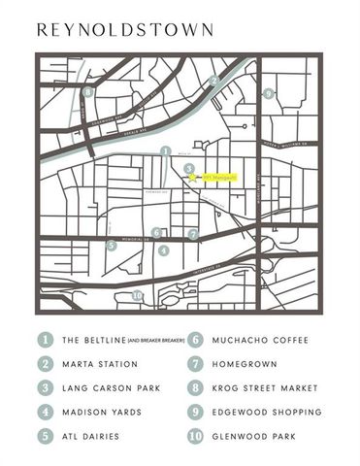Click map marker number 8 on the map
[88, 92]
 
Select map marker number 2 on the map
[213, 81]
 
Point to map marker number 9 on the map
[269, 94]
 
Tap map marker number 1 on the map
[166, 151]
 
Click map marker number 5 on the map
[112, 246]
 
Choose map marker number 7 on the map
[194, 234]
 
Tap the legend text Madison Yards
[102, 412]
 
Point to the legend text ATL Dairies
[91, 436]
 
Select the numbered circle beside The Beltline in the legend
[45, 341]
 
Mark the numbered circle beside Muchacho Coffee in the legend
[194, 341]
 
